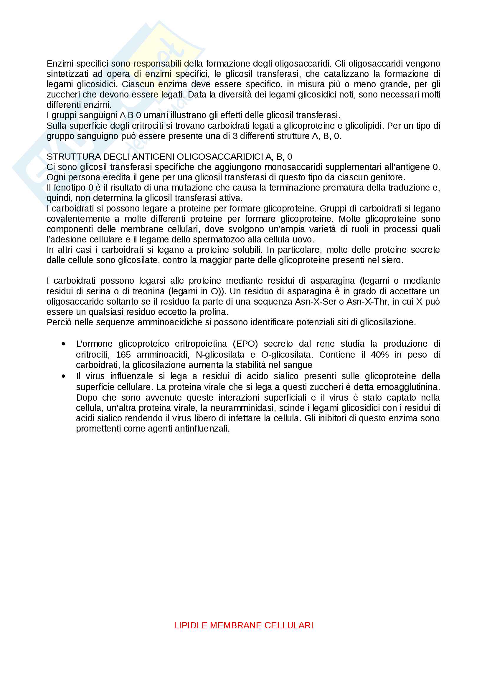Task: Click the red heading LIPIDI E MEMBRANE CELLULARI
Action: pos(243,625)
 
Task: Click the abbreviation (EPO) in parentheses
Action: pos(245,343)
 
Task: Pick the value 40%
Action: pos(379,354)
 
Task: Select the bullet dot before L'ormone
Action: pos(63,344)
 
